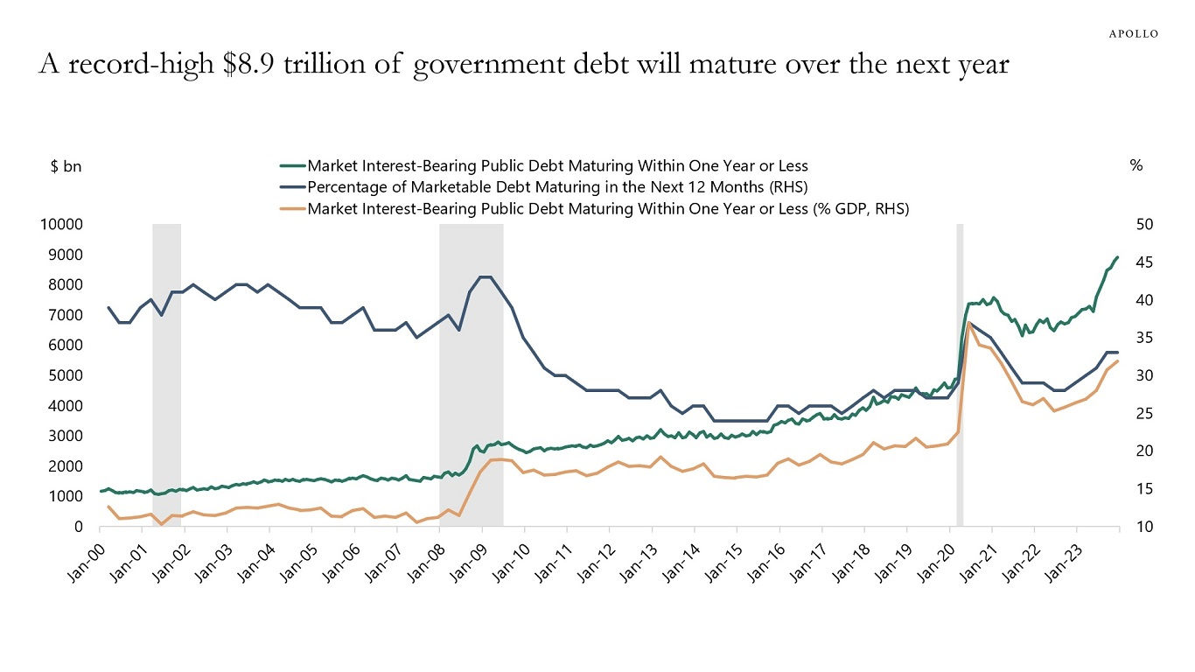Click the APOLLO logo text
click(1134, 33)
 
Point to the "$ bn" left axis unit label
click(66, 165)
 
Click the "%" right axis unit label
click(1136, 165)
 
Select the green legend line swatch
click(292, 165)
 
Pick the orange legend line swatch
click(292, 208)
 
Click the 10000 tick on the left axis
click(61, 225)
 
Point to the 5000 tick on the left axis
click(65, 375)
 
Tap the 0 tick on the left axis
click(78, 527)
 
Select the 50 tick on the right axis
click(1145, 225)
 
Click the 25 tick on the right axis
click(1145, 413)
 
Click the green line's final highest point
click(1117, 257)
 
